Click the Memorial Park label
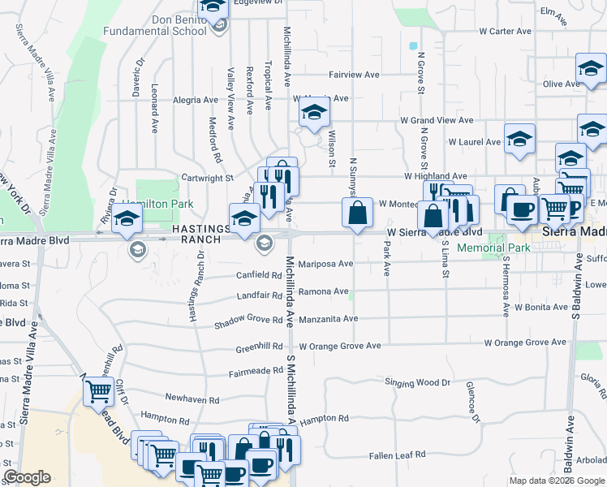(493, 248)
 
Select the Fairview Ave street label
(354, 75)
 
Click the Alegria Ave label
(196, 101)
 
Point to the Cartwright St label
(207, 177)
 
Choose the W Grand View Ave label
(437, 120)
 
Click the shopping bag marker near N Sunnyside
(357, 214)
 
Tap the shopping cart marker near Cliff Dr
(99, 391)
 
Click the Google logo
(27, 477)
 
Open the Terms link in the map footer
(593, 481)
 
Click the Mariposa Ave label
(325, 264)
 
